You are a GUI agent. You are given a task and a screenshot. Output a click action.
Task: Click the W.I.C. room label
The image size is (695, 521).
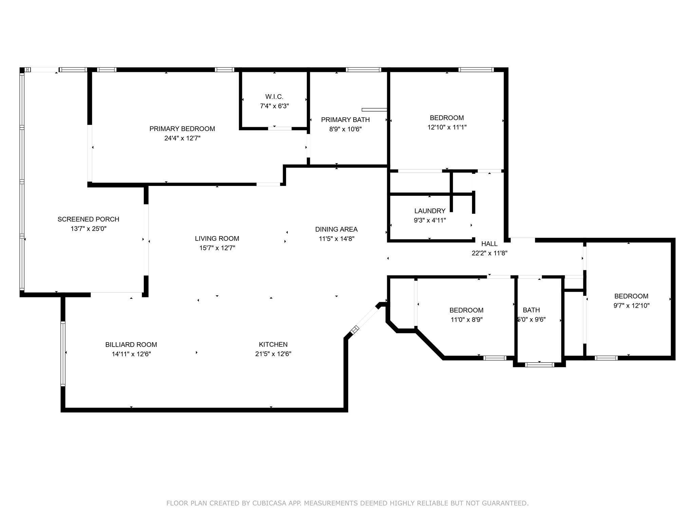coord(274,97)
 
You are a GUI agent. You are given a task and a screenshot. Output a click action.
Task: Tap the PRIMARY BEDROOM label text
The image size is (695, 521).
coord(182,129)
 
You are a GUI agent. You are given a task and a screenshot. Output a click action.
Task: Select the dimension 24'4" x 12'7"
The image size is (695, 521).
coord(182,138)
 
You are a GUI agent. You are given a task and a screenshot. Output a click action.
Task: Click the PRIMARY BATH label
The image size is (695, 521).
coord(345,120)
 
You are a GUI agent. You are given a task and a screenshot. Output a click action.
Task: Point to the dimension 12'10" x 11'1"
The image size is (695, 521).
coord(447,127)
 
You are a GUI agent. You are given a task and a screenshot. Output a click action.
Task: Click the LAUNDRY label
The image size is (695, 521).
coord(430,211)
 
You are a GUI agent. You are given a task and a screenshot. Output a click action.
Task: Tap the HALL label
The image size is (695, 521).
coord(489,244)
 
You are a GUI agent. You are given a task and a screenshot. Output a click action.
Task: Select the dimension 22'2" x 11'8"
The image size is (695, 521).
coord(489,253)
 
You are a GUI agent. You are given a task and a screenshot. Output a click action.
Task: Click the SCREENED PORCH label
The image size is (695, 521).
coord(88,219)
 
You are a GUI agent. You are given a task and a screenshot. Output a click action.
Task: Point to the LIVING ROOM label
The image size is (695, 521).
coord(217,239)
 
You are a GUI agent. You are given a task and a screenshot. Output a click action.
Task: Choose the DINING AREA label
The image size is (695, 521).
coord(336,230)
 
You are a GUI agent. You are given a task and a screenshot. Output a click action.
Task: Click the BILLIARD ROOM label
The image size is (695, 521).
coord(131,345)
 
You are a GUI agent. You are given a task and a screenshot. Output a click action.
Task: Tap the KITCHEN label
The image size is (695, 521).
coord(273,345)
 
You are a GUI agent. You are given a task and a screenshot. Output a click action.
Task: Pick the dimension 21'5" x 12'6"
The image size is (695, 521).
coord(273,354)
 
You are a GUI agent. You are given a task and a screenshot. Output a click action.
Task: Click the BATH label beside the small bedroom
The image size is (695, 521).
coord(531,310)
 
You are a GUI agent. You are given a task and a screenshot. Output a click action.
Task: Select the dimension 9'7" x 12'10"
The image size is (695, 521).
coord(631,306)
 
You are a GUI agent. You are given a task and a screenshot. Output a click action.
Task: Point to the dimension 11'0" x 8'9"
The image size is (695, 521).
coord(466,320)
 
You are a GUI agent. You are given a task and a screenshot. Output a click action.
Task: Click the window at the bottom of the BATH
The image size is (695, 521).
coord(540,365)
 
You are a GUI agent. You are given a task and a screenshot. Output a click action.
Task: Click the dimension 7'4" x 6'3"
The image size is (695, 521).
coord(274,106)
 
